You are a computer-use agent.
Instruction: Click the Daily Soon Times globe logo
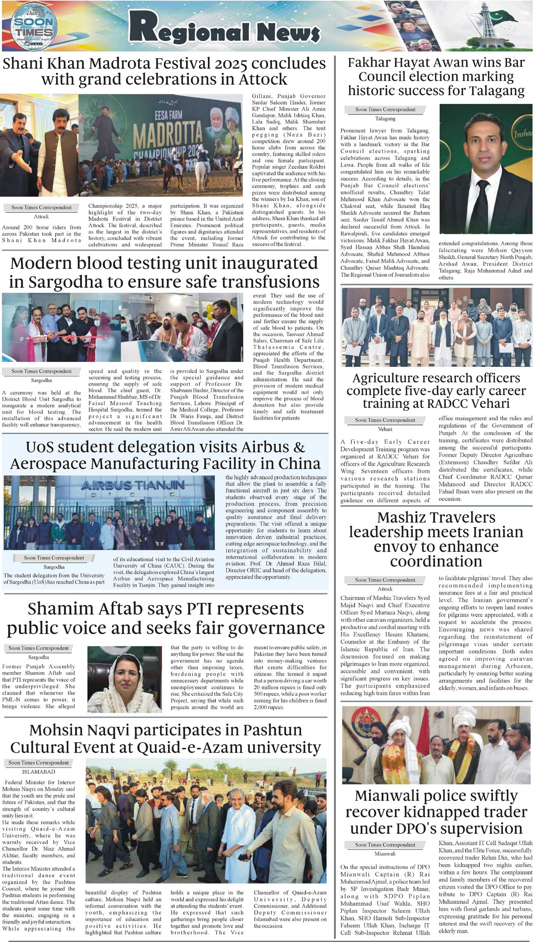point(33,27)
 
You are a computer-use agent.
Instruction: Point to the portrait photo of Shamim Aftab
point(124,679)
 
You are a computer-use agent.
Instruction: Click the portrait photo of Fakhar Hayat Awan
point(486,168)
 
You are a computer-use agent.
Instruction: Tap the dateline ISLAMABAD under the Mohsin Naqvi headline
point(39,772)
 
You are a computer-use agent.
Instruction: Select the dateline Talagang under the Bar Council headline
point(385,119)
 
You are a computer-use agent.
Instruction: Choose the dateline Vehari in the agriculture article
point(385,429)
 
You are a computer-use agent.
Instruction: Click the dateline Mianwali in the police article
point(385,853)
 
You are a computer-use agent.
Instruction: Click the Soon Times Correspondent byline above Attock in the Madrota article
point(41,208)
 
